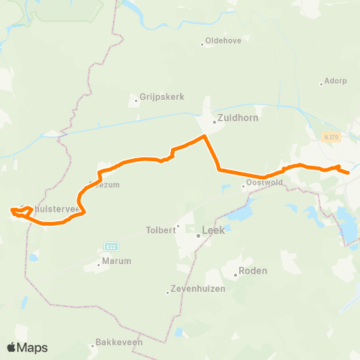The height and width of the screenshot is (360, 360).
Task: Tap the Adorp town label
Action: tap(334, 82)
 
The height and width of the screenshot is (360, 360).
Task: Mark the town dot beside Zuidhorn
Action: tap(214, 120)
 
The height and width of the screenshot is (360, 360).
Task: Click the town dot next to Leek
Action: tap(198, 235)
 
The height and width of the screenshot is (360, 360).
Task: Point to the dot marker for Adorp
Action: tap(321, 82)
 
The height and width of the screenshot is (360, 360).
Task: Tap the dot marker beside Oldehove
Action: tap(202, 43)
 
